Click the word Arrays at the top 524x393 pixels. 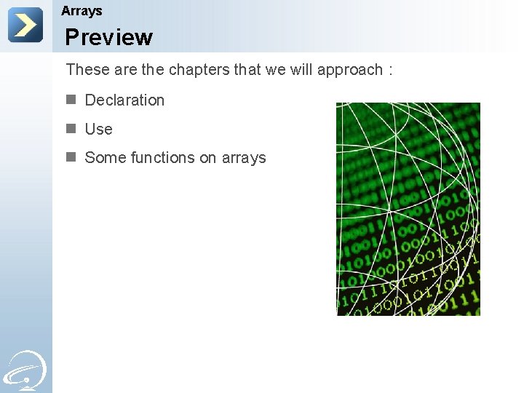coord(82,11)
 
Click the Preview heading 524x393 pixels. coord(108,37)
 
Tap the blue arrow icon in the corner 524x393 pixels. coord(25,25)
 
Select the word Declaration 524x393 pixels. coord(124,100)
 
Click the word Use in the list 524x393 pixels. coord(98,130)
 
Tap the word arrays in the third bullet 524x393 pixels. coord(244,158)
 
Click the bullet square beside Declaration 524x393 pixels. coord(71,100)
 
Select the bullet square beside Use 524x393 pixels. coord(71,129)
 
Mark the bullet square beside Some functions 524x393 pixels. coord(71,157)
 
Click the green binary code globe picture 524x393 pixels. coord(408,209)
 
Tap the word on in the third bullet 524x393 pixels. coord(208,158)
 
